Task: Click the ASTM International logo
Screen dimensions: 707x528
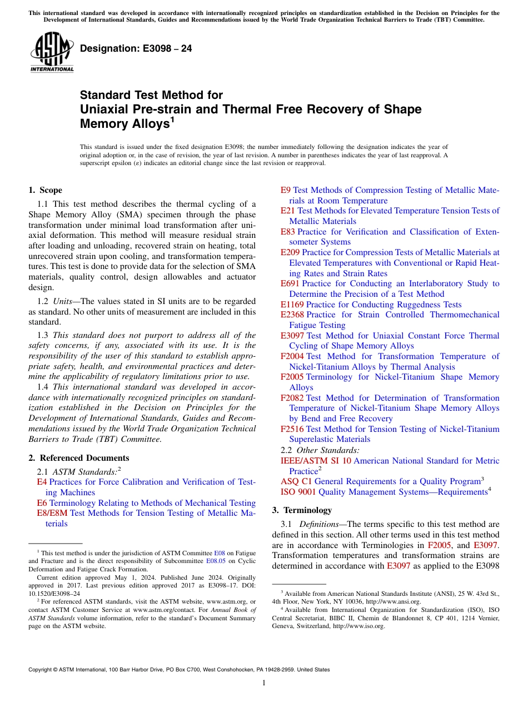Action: click(51, 52)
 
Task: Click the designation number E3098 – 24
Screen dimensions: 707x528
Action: click(136, 48)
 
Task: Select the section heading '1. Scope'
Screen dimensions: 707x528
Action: click(45, 190)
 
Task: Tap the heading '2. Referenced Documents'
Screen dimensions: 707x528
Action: click(78, 458)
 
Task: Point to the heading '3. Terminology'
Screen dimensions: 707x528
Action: click(302, 510)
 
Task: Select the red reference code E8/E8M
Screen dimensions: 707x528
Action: click(52, 513)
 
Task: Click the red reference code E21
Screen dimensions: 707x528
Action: click(288, 211)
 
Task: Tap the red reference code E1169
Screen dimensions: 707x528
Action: click(292, 305)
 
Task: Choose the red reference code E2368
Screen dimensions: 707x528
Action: click(292, 315)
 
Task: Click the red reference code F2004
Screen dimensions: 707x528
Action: click(292, 356)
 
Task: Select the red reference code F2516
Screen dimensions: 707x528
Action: click(292, 429)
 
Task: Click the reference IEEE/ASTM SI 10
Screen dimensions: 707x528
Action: click(316, 461)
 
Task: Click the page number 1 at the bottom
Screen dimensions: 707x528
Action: click(264, 683)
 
